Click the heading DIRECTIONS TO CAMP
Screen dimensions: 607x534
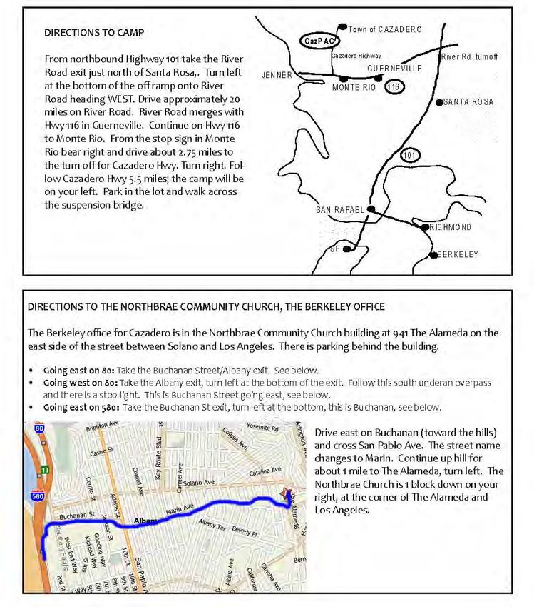click(x=94, y=33)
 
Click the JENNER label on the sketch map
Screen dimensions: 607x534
click(x=277, y=75)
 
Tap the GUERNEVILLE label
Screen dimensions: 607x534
click(x=394, y=69)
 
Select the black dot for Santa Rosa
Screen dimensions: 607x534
click(x=439, y=102)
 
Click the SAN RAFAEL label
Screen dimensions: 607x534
click(x=340, y=210)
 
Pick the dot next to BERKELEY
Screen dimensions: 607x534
click(x=433, y=255)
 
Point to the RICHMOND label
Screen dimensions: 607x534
click(x=450, y=227)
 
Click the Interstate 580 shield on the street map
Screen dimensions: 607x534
click(x=37, y=496)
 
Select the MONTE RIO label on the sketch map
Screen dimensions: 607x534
click(x=354, y=87)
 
